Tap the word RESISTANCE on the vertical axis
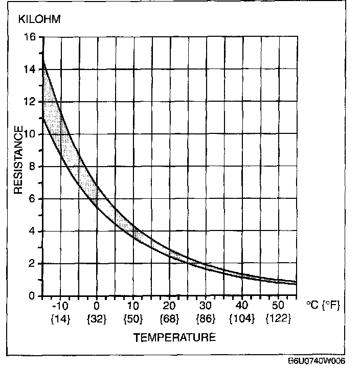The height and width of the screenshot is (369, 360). (x=18, y=159)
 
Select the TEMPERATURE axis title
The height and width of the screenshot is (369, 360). (x=174, y=337)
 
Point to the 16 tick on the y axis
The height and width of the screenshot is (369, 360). (x=29, y=37)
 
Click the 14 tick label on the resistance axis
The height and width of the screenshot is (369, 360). (x=29, y=70)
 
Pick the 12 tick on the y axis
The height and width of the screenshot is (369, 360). (x=29, y=102)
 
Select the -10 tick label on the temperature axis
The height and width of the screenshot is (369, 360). (x=60, y=306)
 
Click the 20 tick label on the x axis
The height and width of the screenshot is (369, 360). (x=169, y=306)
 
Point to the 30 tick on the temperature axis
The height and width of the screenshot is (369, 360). (x=206, y=306)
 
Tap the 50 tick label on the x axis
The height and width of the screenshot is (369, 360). (x=278, y=306)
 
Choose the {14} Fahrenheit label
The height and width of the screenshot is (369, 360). (x=61, y=318)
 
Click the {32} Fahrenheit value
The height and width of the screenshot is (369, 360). (x=96, y=318)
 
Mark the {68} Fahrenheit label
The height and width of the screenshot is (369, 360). (x=169, y=318)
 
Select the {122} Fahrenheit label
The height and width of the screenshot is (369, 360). (x=278, y=318)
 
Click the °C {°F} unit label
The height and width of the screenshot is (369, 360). (x=323, y=306)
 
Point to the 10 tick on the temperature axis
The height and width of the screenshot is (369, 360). (x=132, y=306)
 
